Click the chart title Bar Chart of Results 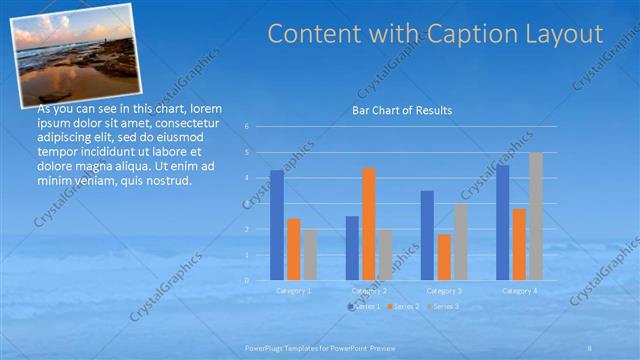tap(402, 110)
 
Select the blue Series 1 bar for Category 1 tap(277, 225)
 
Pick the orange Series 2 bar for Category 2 tap(369, 223)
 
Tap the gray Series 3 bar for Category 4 tap(536, 216)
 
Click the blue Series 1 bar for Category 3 tap(427, 235)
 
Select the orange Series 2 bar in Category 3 tap(443, 256)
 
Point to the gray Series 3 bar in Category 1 tap(310, 254)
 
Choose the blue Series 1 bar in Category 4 tap(502, 222)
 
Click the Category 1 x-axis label tap(293, 290)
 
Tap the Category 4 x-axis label tap(519, 290)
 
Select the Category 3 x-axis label tap(443, 290)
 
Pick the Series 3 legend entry tap(446, 306)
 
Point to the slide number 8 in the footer tap(589, 347)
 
